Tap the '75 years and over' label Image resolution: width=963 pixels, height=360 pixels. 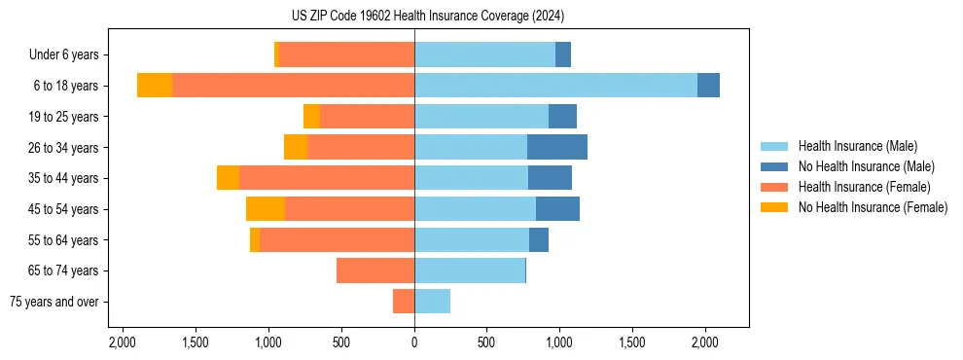pos(54,302)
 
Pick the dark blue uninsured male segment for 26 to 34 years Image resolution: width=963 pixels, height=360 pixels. pos(556,147)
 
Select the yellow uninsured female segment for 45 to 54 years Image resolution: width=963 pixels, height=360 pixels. pos(266,209)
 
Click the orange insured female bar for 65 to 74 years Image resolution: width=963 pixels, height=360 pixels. pos(375,270)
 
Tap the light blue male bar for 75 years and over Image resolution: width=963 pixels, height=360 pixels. pos(432,302)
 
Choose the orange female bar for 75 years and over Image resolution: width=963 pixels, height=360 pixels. pos(404,302)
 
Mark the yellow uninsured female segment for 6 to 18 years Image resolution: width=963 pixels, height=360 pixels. pos(155,86)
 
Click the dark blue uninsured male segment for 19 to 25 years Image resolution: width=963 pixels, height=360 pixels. pos(562,117)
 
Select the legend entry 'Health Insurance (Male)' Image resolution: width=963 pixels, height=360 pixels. pos(857,146)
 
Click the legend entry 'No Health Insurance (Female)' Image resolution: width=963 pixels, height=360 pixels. pos(873,207)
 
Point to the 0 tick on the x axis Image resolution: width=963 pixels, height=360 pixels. pos(414,342)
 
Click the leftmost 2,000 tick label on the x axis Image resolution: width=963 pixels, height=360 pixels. pos(123,342)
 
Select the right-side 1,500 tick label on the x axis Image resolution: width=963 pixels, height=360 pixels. pos(632,342)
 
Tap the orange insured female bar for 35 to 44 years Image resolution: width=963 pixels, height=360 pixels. pos(326,178)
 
